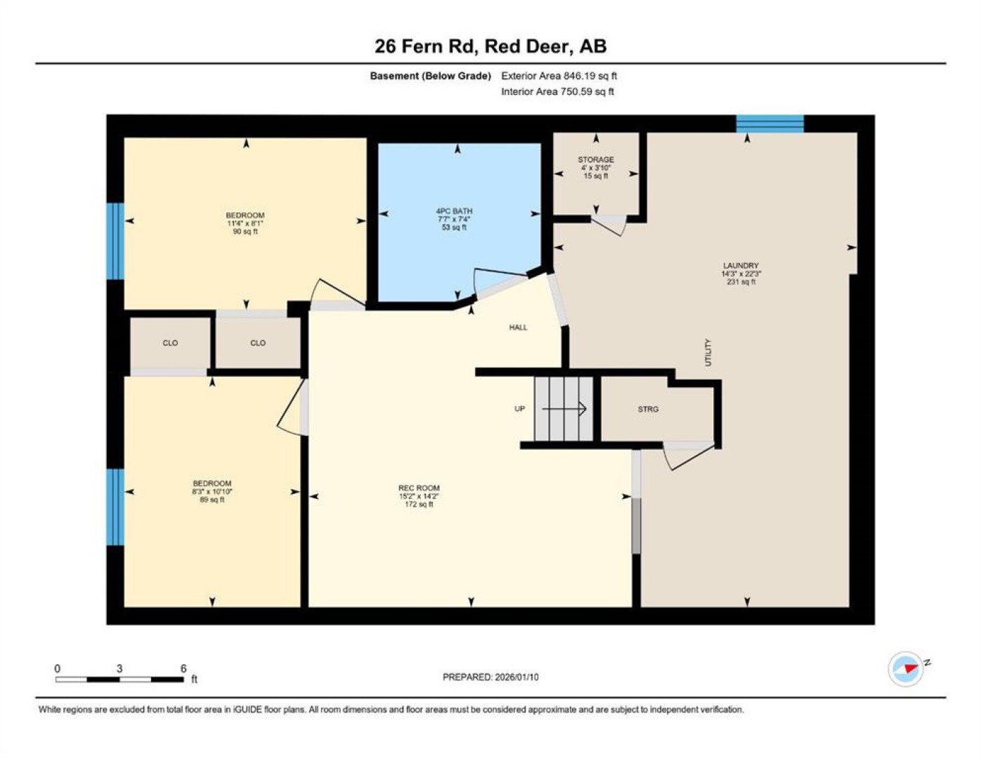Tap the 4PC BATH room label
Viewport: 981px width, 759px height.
454,211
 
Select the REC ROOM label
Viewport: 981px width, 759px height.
419,488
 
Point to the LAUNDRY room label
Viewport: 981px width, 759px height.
741,266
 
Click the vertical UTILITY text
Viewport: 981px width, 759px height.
708,353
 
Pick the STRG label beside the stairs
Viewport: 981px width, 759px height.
648,409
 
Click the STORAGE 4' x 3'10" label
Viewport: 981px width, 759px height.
596,167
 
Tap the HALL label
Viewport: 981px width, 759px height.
519,327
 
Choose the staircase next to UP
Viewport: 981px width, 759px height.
564,409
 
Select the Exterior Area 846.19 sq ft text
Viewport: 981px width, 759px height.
559,76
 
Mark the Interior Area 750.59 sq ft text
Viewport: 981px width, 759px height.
557,91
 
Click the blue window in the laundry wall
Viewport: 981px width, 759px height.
770,124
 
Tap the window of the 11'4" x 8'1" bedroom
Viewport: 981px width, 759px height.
115,241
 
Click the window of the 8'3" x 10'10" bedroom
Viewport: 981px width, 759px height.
115,507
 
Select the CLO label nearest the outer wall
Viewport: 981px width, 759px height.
170,343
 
